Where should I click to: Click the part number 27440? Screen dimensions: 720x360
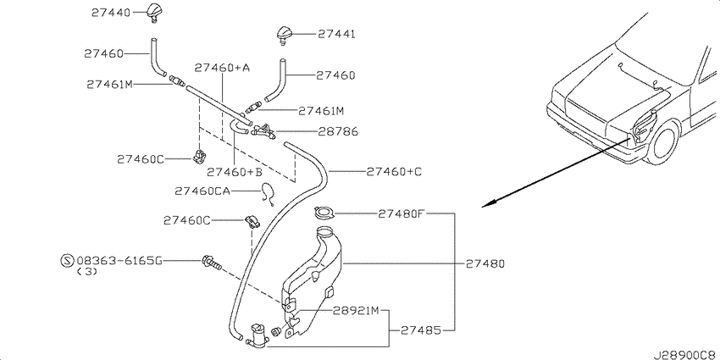(x=111, y=13)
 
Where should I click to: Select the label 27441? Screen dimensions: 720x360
(x=336, y=34)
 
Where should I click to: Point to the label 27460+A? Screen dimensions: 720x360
(x=222, y=68)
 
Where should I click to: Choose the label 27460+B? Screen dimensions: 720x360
(x=234, y=172)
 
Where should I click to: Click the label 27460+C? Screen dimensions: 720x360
(x=394, y=172)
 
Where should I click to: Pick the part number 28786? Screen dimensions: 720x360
(x=338, y=132)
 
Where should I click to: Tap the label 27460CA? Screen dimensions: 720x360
(x=202, y=191)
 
